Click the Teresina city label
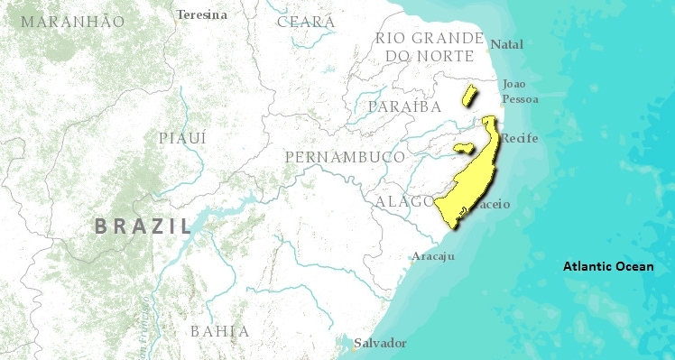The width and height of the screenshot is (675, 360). pyautogui.click(x=202, y=14)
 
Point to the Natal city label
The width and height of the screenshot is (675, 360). pyautogui.click(x=506, y=43)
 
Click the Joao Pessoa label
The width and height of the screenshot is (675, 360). pyautogui.click(x=520, y=90)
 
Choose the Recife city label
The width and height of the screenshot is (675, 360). pyautogui.click(x=519, y=138)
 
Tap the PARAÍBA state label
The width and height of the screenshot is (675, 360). pyautogui.click(x=403, y=106)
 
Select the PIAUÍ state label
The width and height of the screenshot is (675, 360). pyautogui.click(x=182, y=138)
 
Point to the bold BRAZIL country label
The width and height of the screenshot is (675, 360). pyautogui.click(x=143, y=226)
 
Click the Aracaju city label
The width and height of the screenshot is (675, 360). pyautogui.click(x=432, y=256)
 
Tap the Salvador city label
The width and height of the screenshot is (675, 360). pyautogui.click(x=380, y=343)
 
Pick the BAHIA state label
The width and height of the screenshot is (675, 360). pyautogui.click(x=218, y=331)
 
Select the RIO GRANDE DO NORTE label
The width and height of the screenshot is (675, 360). pyautogui.click(x=430, y=46)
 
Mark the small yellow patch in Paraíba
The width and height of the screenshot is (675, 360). pyautogui.click(x=468, y=95)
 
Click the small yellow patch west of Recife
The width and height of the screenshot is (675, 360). pyautogui.click(x=464, y=147)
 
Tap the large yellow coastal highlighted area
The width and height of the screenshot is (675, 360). pyautogui.click(x=474, y=180)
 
